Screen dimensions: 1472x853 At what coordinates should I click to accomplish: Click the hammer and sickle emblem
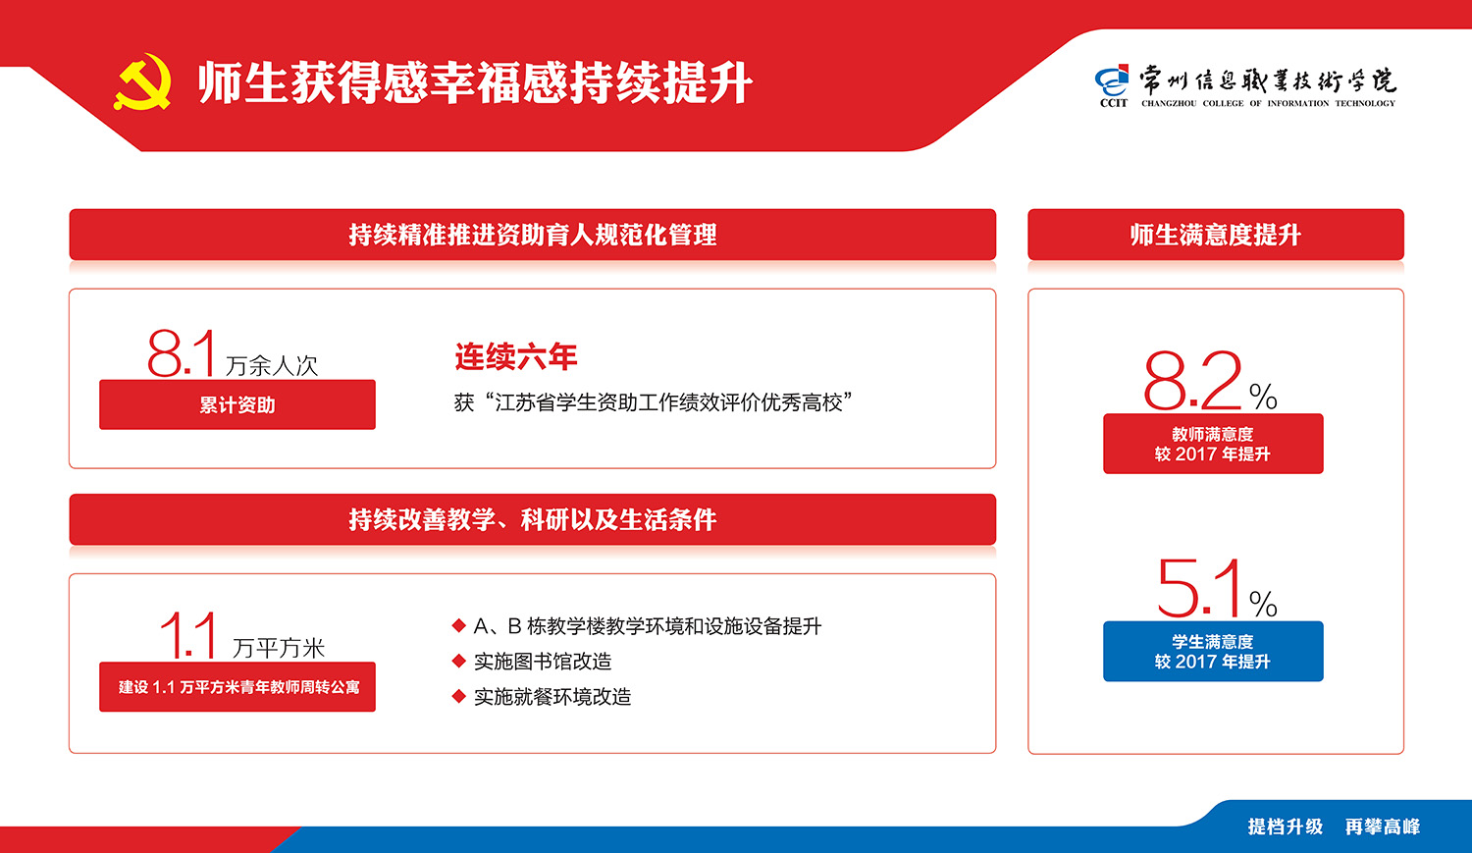pyautogui.click(x=143, y=81)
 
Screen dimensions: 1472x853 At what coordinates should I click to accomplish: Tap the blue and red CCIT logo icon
pyautogui.click(x=1112, y=81)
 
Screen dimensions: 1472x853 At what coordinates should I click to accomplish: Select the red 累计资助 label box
pyautogui.click(x=237, y=404)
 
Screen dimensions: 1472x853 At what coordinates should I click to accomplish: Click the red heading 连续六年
pyautogui.click(x=515, y=357)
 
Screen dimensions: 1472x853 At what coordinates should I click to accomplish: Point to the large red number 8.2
pyautogui.click(x=1192, y=381)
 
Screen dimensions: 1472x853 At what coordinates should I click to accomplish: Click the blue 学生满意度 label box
pyautogui.click(x=1213, y=651)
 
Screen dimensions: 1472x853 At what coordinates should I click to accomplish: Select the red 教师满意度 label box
pyautogui.click(x=1213, y=444)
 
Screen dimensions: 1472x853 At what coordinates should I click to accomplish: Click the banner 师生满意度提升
pyautogui.click(x=1216, y=235)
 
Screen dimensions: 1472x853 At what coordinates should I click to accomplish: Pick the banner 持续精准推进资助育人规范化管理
pyautogui.click(x=532, y=235)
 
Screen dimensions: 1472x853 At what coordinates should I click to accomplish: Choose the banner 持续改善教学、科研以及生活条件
pyautogui.click(x=532, y=519)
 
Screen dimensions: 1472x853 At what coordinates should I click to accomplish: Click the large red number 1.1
pyautogui.click(x=188, y=635)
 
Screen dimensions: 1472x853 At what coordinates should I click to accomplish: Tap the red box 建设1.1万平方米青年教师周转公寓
pyautogui.click(x=237, y=687)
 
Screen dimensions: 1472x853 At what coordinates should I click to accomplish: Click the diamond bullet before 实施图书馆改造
pyautogui.click(x=458, y=662)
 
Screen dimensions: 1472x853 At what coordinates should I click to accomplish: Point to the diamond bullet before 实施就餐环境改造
pyautogui.click(x=458, y=696)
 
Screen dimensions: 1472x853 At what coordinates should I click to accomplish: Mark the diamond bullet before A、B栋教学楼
pyautogui.click(x=458, y=625)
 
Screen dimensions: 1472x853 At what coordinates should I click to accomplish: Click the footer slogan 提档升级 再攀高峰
pyautogui.click(x=1334, y=826)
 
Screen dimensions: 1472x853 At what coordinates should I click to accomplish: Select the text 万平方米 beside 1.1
pyautogui.click(x=279, y=648)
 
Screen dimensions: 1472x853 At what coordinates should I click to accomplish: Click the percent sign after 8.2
pyautogui.click(x=1263, y=397)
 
